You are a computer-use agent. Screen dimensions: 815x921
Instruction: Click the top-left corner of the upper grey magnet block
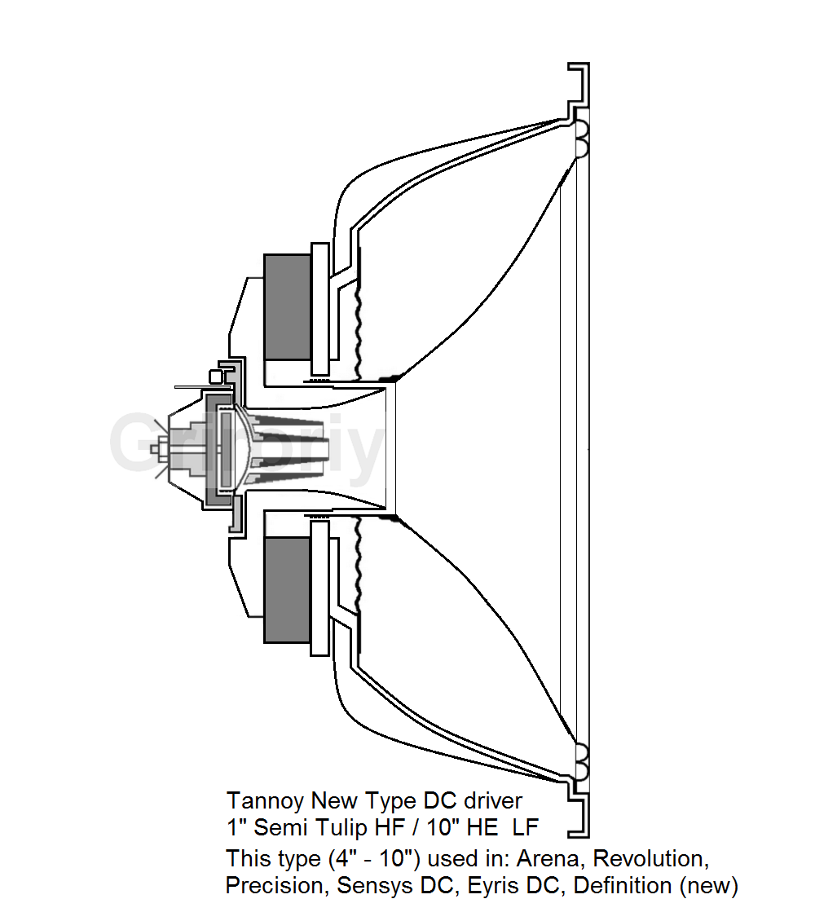click(264, 254)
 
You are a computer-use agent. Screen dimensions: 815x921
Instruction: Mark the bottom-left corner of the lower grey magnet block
click(264, 643)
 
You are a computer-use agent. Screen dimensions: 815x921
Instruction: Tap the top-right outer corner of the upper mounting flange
click(589, 62)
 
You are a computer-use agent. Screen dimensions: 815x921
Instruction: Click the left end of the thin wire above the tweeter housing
click(174, 386)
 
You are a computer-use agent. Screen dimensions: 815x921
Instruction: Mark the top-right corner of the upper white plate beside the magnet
click(328, 243)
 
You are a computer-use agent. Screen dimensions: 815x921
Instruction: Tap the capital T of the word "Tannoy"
click(232, 801)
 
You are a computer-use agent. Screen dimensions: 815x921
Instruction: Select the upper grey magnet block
click(287, 307)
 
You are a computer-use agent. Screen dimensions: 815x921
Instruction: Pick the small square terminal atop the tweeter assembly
click(217, 376)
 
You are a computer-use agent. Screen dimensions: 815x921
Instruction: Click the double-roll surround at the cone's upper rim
click(581, 139)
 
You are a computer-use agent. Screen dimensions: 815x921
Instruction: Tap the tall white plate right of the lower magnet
click(320, 588)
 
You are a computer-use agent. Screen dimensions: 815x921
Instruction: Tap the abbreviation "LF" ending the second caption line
click(525, 827)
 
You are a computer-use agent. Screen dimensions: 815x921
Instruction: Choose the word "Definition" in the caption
click(623, 885)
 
